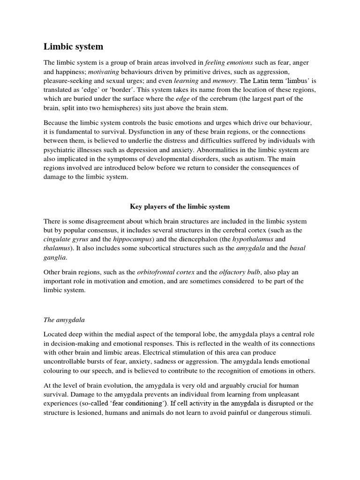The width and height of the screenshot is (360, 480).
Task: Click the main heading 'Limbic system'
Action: point(74,46)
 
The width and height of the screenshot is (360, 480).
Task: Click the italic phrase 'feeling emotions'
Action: point(216,63)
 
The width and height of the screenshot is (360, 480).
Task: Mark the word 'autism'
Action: point(239,159)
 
